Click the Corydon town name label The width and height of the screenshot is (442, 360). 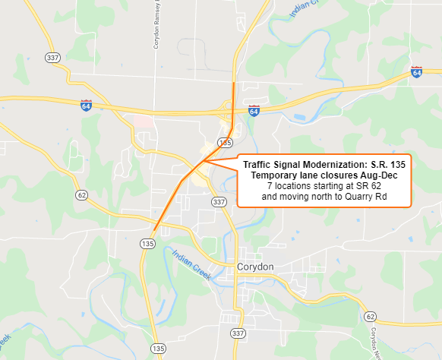[254, 267]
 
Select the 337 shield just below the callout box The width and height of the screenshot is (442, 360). [219, 202]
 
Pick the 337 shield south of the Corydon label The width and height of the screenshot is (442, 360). [238, 333]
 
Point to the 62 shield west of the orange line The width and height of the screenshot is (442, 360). [81, 195]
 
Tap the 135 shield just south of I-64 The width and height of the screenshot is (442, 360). [224, 142]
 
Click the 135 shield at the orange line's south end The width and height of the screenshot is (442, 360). [148, 242]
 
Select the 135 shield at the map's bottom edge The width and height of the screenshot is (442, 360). [156, 348]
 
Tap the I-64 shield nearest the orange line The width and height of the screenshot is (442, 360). [254, 111]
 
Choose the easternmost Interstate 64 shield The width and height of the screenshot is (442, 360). [416, 72]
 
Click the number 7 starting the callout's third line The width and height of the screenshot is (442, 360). [270, 186]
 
